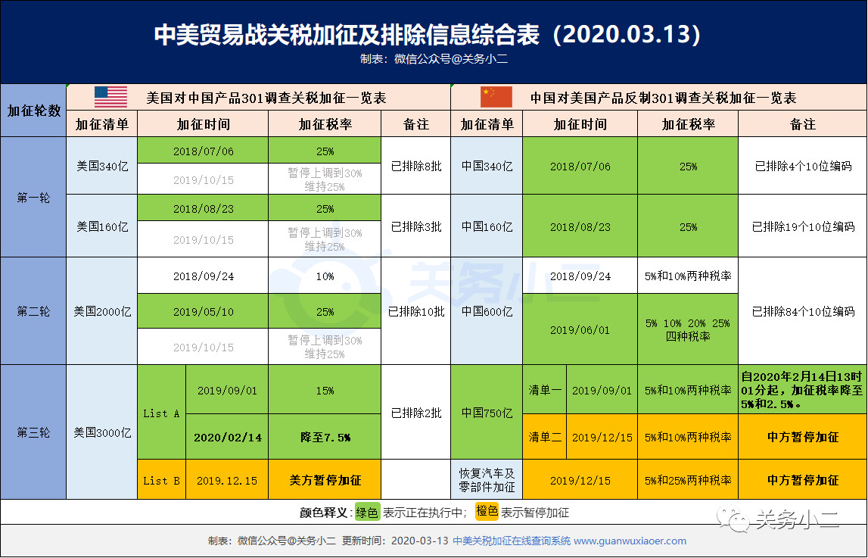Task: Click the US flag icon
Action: [110, 98]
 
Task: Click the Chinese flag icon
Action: [496, 98]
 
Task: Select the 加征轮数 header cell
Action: [33, 111]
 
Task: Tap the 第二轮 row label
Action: [33, 311]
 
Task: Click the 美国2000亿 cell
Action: [102, 311]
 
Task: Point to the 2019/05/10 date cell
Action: [203, 311]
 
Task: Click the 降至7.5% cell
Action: [325, 437]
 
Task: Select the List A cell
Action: [161, 413]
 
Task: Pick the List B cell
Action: [161, 480]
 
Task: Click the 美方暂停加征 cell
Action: [325, 480]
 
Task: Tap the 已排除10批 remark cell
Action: [416, 311]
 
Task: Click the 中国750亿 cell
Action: [487, 413]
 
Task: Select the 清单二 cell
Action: [545, 437]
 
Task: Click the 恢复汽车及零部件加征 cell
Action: [487, 480]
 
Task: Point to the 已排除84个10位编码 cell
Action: [803, 311]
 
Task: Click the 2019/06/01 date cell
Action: [580, 330]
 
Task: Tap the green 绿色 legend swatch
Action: [368, 513]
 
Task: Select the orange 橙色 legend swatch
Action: [486, 512]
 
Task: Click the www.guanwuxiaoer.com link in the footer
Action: [630, 541]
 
